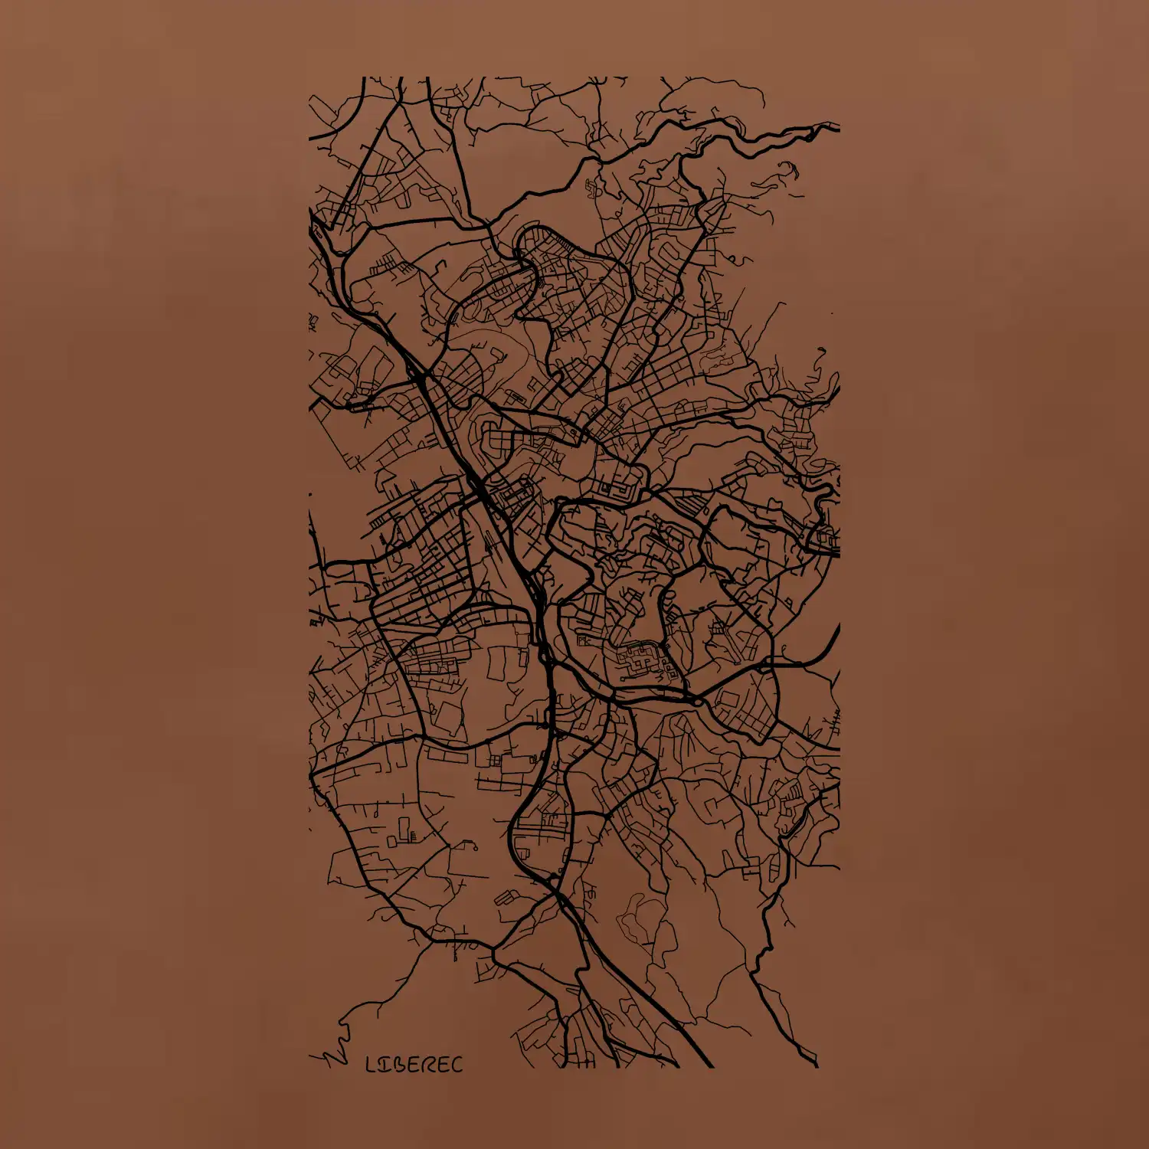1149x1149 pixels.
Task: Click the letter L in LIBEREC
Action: (x=372, y=1065)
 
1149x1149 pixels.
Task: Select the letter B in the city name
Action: (x=399, y=1065)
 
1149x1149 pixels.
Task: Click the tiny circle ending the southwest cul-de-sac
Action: (x=474, y=846)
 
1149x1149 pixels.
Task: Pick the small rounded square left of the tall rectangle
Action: (x=391, y=841)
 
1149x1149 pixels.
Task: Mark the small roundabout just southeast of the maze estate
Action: (x=698, y=701)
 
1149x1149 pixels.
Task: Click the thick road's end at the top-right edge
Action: (x=836, y=125)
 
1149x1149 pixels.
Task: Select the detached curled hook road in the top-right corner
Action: (x=789, y=169)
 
